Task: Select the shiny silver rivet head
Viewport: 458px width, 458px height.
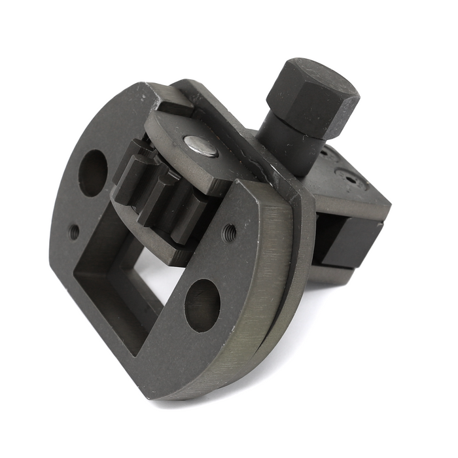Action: pyautogui.click(x=201, y=145)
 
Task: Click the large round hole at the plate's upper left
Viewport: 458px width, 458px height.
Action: pyautogui.click(x=93, y=172)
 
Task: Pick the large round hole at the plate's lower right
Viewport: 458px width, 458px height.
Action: pyautogui.click(x=202, y=304)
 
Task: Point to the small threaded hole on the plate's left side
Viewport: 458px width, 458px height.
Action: pyautogui.click(x=74, y=231)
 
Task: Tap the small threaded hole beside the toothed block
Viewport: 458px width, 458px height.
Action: pyautogui.click(x=230, y=230)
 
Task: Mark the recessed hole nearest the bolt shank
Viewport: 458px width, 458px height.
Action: pyautogui.click(x=325, y=155)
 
